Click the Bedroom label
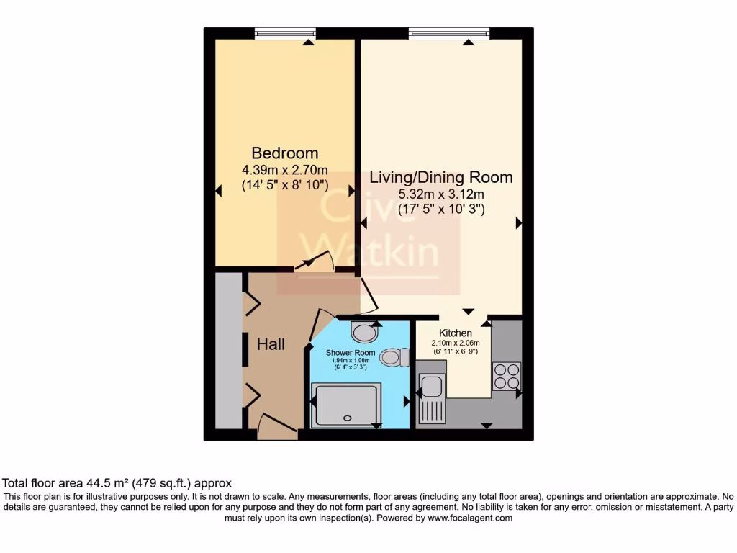coord(284,153)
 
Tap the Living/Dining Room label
coord(441,177)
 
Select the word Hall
coord(271,344)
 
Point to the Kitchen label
coord(456,333)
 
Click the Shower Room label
coord(351,353)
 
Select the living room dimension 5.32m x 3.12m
coord(441,194)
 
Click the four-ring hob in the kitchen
coord(507,377)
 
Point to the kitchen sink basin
coord(432,387)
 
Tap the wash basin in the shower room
coord(365,333)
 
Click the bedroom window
coord(286,32)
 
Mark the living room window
coord(449,32)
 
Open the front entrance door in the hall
coord(277,426)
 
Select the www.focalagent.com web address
coord(470,518)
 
